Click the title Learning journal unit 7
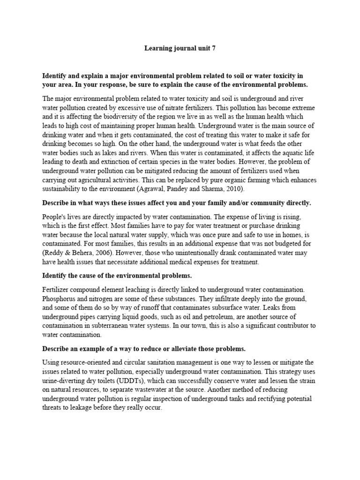click(180, 48)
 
